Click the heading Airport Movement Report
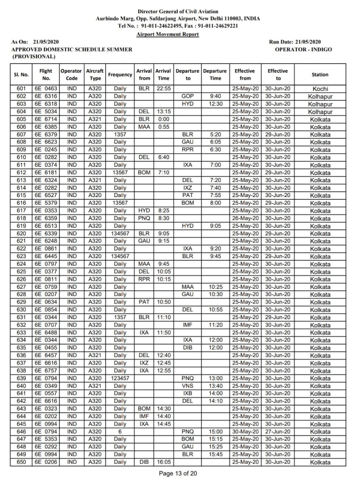pyautogui.click(x=167, y=34)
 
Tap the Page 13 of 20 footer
pyautogui.click(x=178, y=473)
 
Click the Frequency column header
pyautogui.click(x=120, y=75)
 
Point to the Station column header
pyautogui.click(x=320, y=75)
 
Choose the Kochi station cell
pyautogui.click(x=320, y=89)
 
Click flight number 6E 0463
pyautogui.click(x=46, y=89)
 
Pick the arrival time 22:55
pyautogui.click(x=163, y=89)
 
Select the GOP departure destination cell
pyautogui.click(x=188, y=97)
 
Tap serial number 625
pyautogui.click(x=22, y=272)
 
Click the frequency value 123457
pyautogui.click(x=120, y=378)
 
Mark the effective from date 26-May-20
pyautogui.click(x=245, y=218)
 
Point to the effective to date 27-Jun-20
pyautogui.click(x=278, y=432)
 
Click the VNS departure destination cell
pyautogui.click(x=188, y=386)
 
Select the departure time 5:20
pyautogui.click(x=215, y=135)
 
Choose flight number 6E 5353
pyautogui.click(x=46, y=439)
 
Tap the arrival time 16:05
pyautogui.click(x=163, y=462)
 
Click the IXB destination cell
pyautogui.click(x=188, y=393)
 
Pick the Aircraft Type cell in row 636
pyautogui.click(x=95, y=355)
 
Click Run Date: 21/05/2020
pyautogui.click(x=295, y=42)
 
